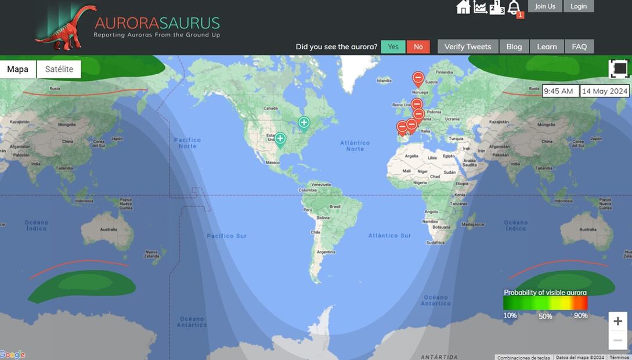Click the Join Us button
pos(545,6)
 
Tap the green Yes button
pos(393,47)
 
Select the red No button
pos(418,47)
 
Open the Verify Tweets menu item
pos(467,47)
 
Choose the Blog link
pos(514,47)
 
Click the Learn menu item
pos(547,47)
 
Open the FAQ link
pos(579,47)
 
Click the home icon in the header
pos(463,7)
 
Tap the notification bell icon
pos(514,8)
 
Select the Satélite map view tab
pos(59,69)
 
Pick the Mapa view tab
pos(18,69)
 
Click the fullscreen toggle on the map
pos(619,69)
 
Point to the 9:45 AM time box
pos(559,91)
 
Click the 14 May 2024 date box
pos(605,91)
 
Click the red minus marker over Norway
pos(418,78)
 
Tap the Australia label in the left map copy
pos(108,229)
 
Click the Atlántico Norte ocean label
pos(355,146)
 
